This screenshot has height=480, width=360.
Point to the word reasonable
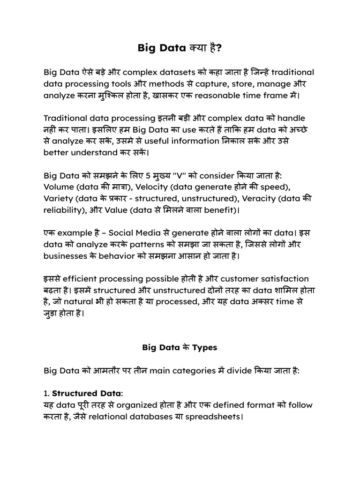pyautogui.click(x=215, y=96)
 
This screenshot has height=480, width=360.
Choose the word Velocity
pyautogui.click(x=167, y=187)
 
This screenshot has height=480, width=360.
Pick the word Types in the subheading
pyautogui.click(x=205, y=348)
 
